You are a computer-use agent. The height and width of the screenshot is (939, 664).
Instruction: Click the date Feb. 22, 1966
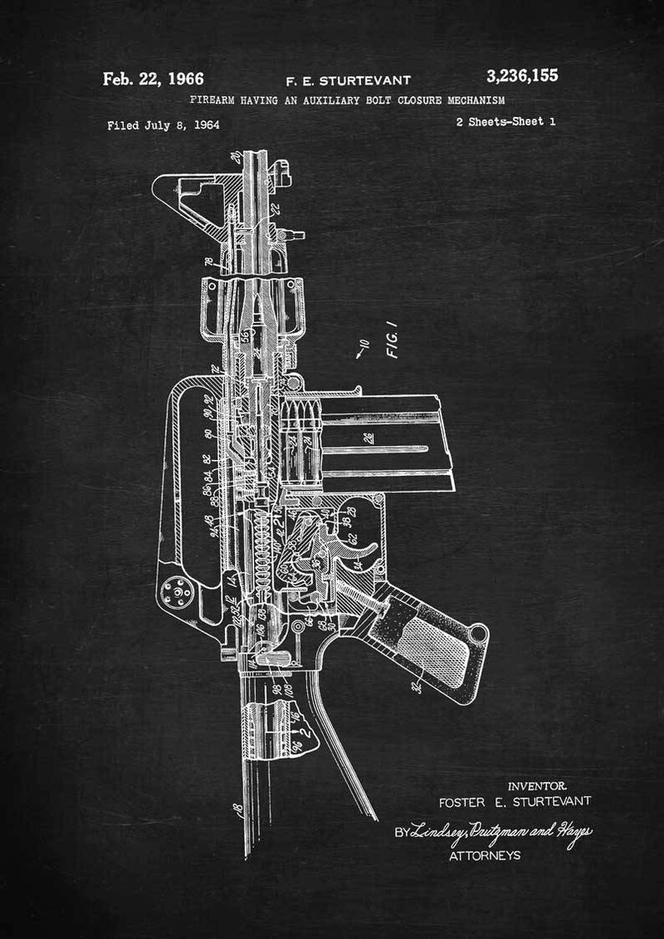153,79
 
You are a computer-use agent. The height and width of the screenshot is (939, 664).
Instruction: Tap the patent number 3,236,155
522,76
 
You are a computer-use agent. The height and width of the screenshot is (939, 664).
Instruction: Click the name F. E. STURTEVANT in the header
349,81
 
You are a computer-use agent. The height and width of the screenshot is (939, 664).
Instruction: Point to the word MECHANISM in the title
474,100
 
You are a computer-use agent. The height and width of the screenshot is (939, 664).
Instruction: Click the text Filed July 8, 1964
163,125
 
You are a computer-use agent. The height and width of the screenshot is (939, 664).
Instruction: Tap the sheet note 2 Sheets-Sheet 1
505,121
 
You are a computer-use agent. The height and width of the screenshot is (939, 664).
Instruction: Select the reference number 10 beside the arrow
363,344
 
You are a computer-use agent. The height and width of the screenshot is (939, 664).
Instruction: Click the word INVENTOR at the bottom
538,786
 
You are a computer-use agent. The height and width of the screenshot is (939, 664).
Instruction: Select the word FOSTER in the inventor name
463,801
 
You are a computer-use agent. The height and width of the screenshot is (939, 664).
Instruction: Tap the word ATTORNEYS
484,855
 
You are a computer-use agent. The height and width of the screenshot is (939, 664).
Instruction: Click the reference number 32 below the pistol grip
415,688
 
